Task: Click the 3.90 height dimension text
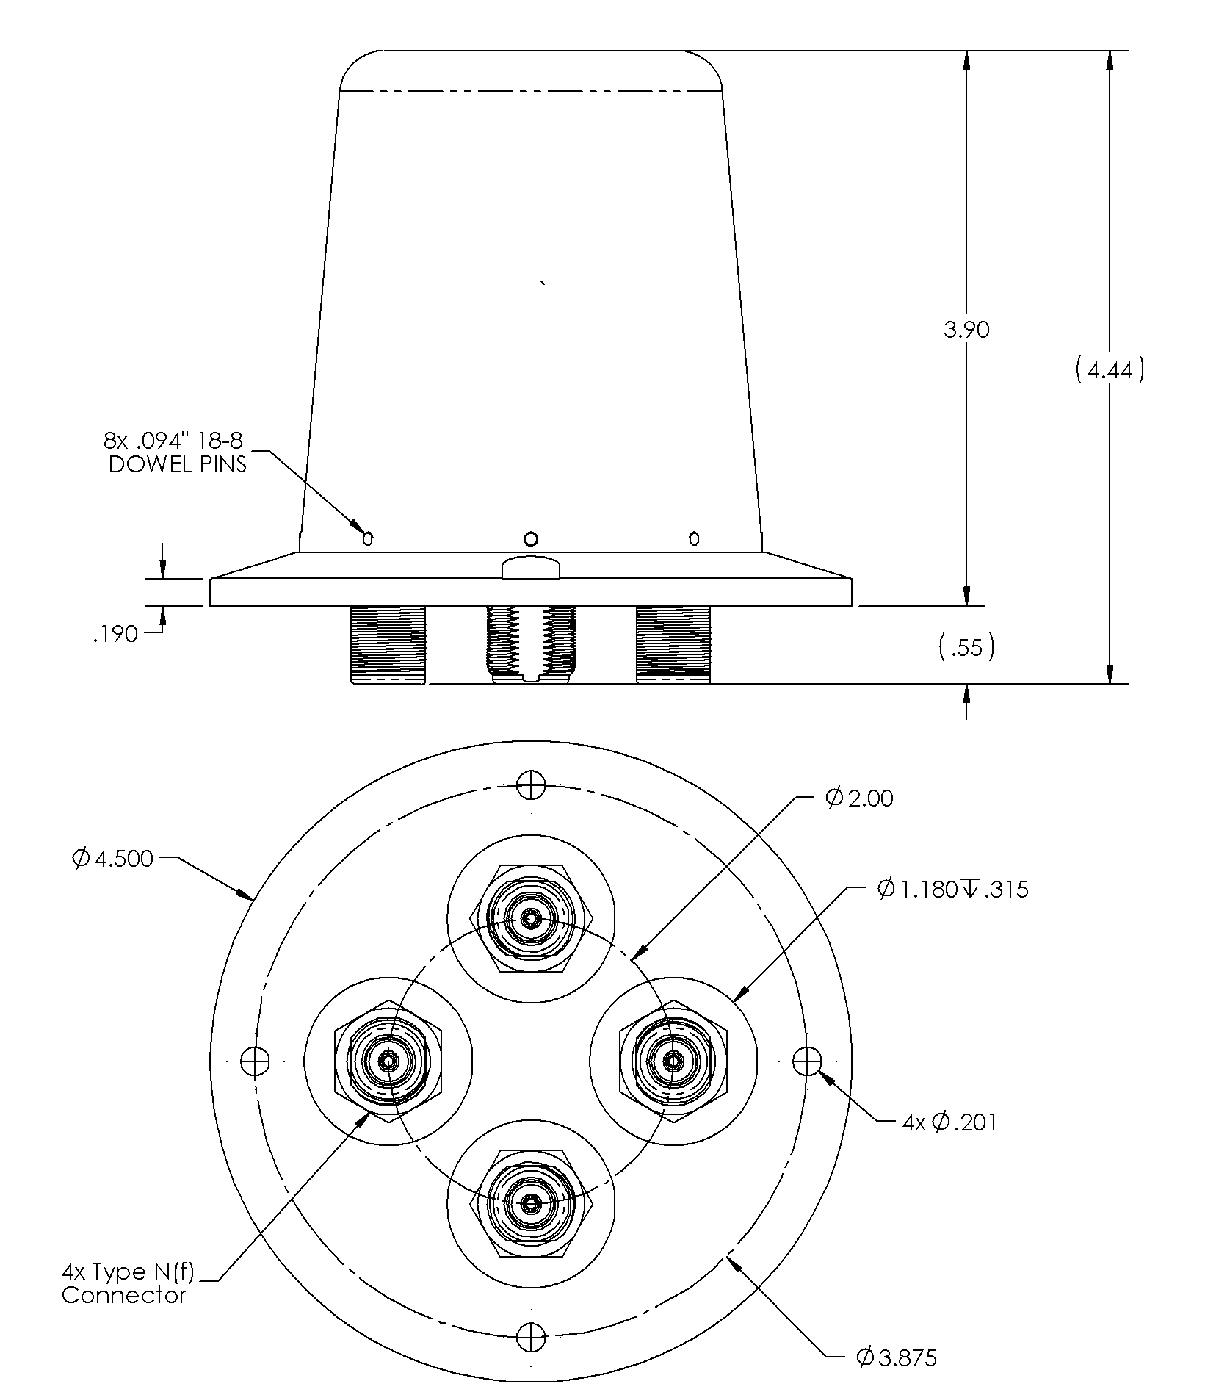coord(966,330)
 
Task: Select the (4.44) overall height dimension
coord(1109,371)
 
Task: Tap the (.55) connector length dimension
coord(966,647)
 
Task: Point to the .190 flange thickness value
coord(116,634)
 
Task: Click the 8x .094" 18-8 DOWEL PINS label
coord(176,452)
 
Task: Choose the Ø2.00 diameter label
coord(859,798)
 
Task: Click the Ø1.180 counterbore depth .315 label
coord(953,890)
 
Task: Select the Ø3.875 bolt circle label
coord(897,1357)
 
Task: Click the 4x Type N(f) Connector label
coord(129,1283)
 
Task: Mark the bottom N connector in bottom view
coord(530,1203)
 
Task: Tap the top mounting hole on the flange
coord(530,785)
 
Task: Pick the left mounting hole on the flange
coord(254,1061)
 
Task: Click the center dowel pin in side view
coord(531,539)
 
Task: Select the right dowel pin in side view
coord(694,539)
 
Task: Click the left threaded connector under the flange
coord(388,644)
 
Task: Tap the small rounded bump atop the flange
coord(531,568)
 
